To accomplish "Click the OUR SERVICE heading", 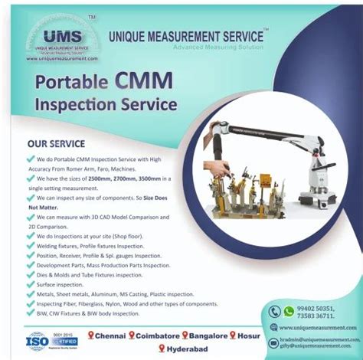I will point(56,143).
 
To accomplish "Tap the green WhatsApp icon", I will point(289,312).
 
